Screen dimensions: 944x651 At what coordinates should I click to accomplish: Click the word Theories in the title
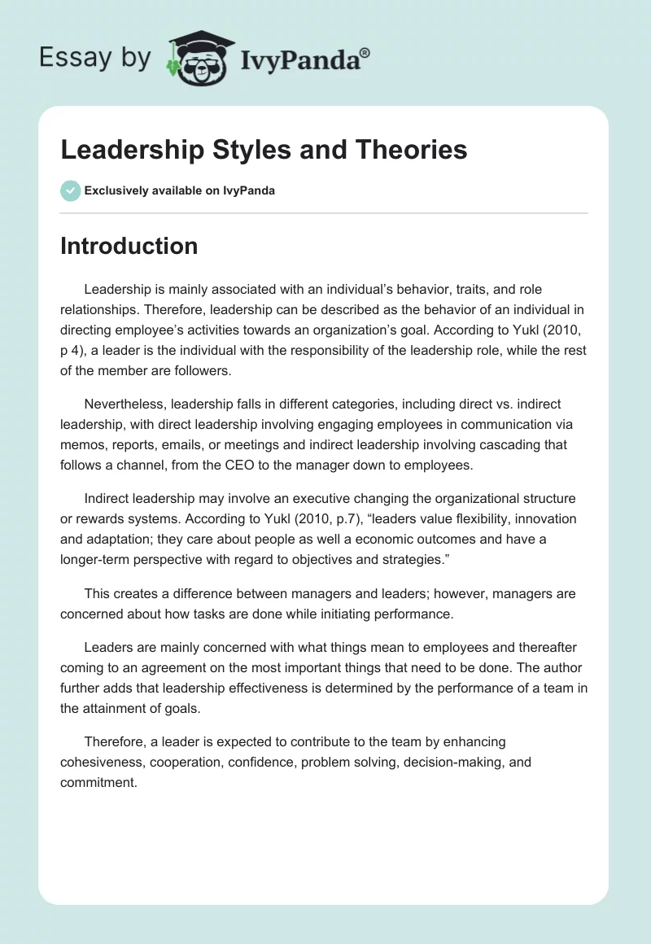click(x=411, y=150)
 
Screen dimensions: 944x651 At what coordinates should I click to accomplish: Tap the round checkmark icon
click(x=70, y=191)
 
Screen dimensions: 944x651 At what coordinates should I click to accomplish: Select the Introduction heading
click(x=129, y=246)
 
